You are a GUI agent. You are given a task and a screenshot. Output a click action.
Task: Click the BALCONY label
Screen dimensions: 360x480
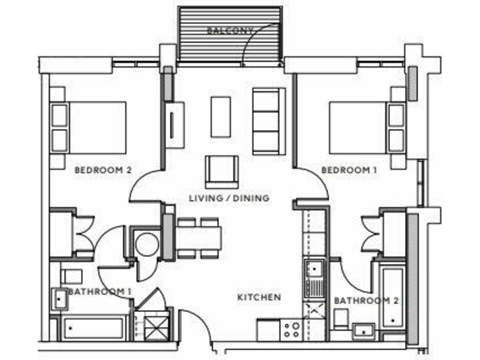coord(231,30)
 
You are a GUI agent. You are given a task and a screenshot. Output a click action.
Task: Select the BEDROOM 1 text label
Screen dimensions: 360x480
coord(345,170)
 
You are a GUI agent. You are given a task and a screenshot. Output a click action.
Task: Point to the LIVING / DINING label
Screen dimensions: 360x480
coord(229,198)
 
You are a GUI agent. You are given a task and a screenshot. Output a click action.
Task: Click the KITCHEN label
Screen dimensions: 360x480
coord(259,297)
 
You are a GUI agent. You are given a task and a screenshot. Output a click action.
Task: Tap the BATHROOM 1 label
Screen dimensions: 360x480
coord(100,292)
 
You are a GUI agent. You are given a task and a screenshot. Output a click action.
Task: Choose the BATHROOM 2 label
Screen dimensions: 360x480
coord(366,301)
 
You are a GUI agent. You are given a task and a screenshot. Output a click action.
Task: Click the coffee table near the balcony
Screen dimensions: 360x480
coord(221,116)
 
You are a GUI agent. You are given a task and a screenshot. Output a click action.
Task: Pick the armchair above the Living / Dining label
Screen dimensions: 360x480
coord(221,171)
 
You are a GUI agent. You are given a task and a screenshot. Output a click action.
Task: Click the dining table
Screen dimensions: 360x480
coord(199,237)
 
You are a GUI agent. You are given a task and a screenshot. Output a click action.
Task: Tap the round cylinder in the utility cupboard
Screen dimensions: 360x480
coord(148,244)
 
